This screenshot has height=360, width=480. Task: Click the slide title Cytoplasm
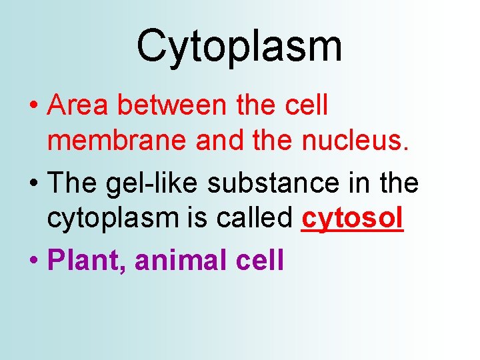point(239,47)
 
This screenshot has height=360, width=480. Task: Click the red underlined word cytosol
point(352,220)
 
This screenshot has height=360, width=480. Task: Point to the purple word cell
point(260,260)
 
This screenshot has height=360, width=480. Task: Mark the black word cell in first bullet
point(307,105)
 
